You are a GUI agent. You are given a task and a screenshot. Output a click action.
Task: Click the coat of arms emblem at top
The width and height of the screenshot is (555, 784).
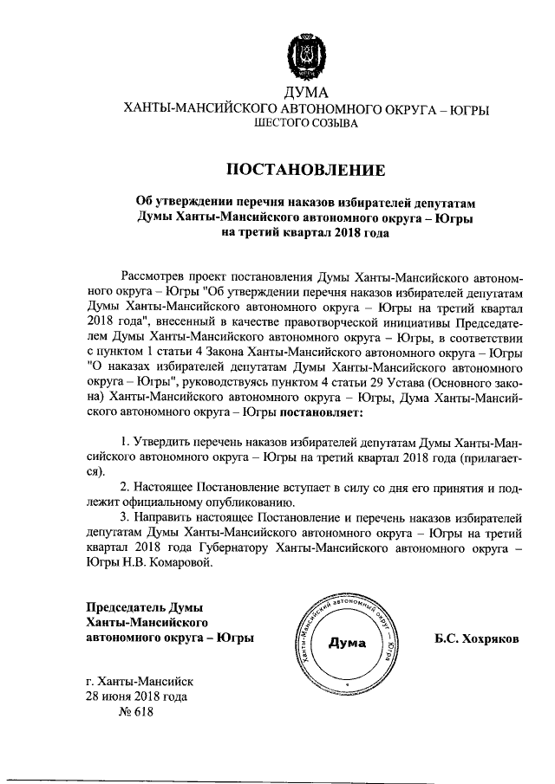pyautogui.click(x=305, y=58)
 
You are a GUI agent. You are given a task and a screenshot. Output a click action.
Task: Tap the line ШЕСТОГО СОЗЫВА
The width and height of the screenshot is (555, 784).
pyautogui.click(x=305, y=125)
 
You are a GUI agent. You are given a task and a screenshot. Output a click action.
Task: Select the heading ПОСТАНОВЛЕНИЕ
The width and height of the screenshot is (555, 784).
pyautogui.click(x=305, y=168)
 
